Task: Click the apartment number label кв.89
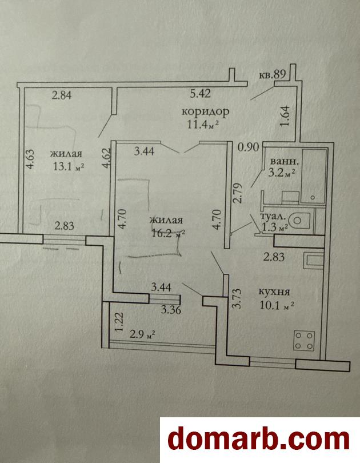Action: pos(272,74)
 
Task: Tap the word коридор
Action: pos(205,112)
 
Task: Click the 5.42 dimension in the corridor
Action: pos(201,94)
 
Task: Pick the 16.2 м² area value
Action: pos(169,233)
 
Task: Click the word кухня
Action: pos(274,292)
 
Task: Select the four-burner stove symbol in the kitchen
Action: pos(303,341)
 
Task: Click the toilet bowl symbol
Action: pos(299,220)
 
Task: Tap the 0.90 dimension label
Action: pos(249,147)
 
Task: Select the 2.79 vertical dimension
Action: pos(238,193)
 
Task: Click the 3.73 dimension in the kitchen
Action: pos(237,299)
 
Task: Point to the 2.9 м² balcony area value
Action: pos(142,335)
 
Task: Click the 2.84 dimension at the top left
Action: pos(62,95)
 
